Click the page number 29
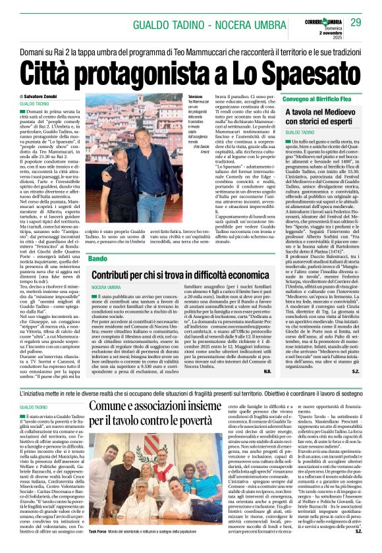356,23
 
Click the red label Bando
97,259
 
